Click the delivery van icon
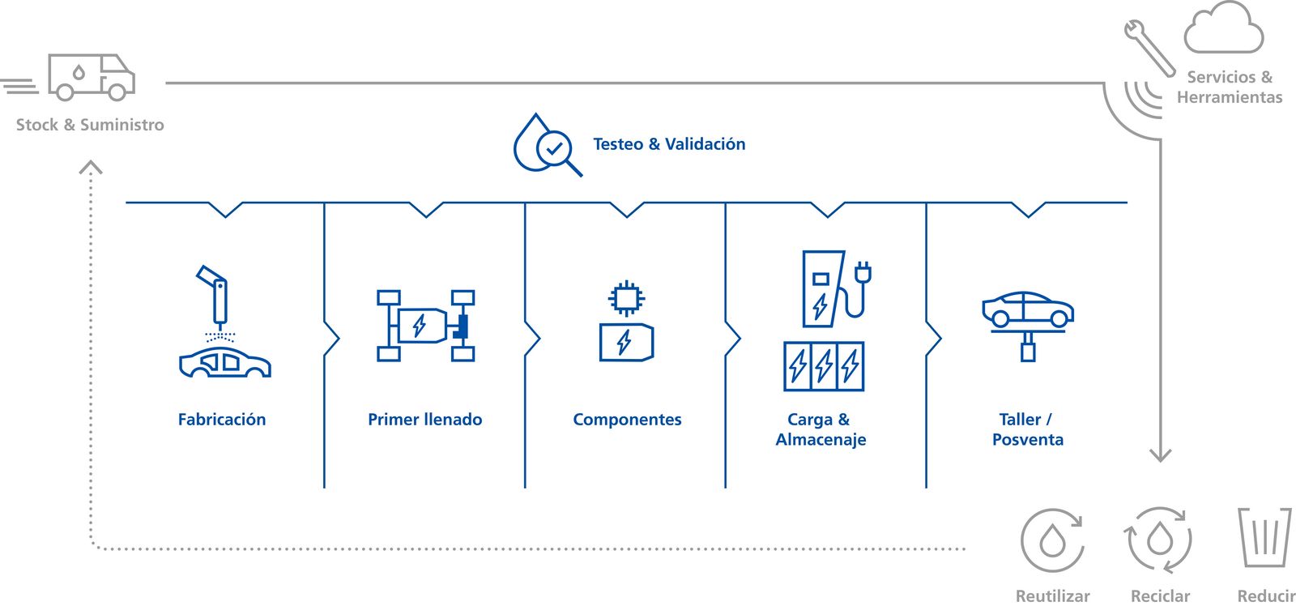[91, 77]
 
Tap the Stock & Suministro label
[90, 125]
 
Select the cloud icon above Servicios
[1223, 29]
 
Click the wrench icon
[1149, 47]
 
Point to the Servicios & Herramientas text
[1230, 87]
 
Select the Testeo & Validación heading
[669, 144]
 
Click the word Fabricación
[222, 420]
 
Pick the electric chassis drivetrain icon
[425, 326]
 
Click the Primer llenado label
[425, 420]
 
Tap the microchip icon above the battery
[626, 298]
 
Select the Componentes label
[627, 420]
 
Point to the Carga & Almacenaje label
[821, 429]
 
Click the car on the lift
[1028, 309]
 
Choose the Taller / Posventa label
[1028, 429]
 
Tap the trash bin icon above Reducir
[1264, 537]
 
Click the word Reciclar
[1160, 596]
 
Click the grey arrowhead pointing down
[1161, 454]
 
